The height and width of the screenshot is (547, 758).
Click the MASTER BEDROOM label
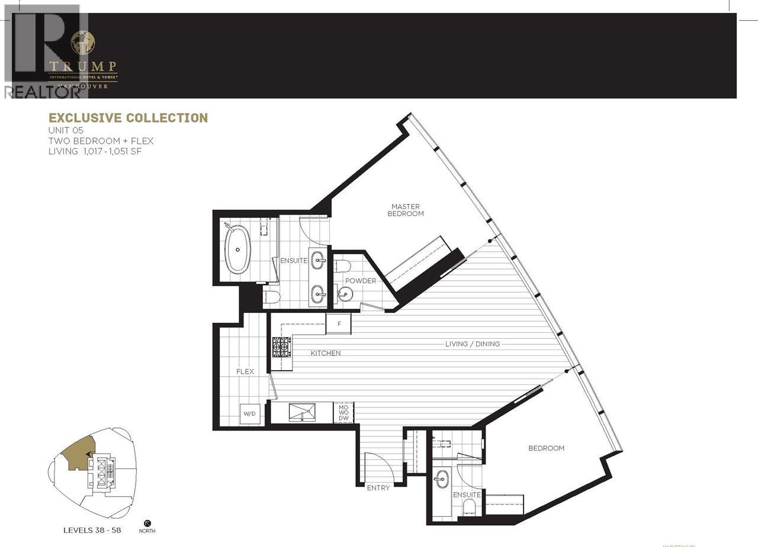406,210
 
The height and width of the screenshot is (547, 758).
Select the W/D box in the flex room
249,413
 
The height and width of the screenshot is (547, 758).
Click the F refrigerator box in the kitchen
339,324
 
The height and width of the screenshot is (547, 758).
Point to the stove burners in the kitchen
281,347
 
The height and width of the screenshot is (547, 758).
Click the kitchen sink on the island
302,412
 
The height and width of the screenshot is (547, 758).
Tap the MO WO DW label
343,413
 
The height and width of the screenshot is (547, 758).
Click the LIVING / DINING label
473,344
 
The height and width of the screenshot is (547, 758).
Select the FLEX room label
245,371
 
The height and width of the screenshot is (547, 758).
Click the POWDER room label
361,281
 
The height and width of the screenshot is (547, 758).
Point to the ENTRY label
378,488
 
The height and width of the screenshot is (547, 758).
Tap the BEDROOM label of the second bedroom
546,448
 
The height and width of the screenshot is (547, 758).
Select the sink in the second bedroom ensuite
441,480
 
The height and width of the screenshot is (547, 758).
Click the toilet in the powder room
344,266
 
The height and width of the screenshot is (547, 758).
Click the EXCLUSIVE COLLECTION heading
128,118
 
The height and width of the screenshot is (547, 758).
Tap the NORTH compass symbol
147,523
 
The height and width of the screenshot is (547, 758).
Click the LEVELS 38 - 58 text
92,530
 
